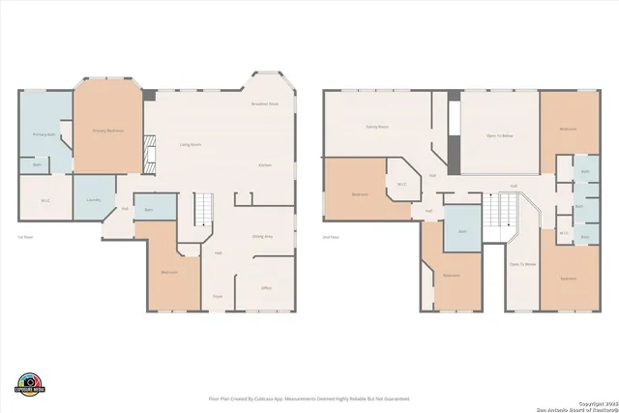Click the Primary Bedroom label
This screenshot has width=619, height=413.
(x=106, y=130)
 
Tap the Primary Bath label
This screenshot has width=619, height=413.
(x=43, y=134)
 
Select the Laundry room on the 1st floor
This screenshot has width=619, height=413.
(x=93, y=199)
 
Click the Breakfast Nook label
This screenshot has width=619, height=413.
(x=265, y=103)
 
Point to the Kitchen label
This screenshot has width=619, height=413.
(x=265, y=165)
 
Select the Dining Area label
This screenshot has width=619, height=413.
(x=262, y=235)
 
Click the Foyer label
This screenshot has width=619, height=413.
(x=219, y=296)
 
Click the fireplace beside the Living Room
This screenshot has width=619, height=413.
(x=148, y=150)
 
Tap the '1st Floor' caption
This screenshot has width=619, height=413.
(x=25, y=236)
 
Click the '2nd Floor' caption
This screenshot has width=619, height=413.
(x=331, y=236)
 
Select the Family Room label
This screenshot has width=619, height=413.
(x=376, y=127)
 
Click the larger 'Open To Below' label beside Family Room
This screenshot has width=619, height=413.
(x=499, y=136)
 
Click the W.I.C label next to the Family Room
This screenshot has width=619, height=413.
(x=400, y=183)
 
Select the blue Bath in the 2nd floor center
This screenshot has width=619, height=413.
(x=462, y=231)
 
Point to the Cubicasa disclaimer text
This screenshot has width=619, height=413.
(x=309, y=398)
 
